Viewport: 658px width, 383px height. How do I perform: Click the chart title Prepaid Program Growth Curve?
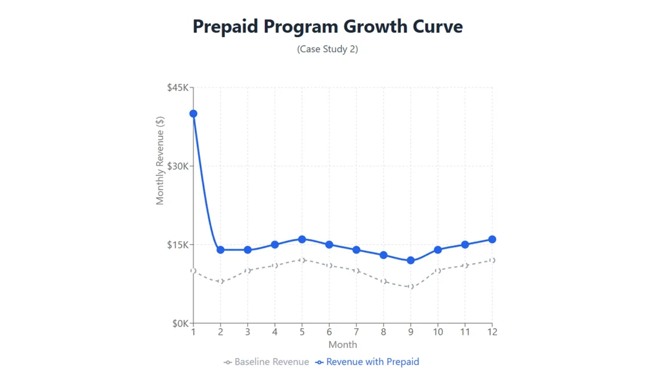(x=328, y=27)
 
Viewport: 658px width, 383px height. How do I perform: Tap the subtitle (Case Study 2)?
(x=328, y=49)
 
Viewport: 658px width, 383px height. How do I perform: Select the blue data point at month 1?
(x=193, y=114)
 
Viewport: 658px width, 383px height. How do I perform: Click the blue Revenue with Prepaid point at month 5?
(x=302, y=239)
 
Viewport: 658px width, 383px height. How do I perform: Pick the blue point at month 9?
(x=411, y=261)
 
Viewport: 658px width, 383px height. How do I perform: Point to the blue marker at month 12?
(x=492, y=239)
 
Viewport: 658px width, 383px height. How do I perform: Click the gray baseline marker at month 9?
(x=411, y=287)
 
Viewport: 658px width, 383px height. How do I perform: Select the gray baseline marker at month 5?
(x=302, y=261)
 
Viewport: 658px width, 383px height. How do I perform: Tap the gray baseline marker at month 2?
(x=221, y=281)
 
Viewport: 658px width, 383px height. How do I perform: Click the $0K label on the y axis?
(x=180, y=323)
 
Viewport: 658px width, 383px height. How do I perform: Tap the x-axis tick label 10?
(x=438, y=332)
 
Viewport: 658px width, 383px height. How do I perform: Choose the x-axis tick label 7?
(x=356, y=332)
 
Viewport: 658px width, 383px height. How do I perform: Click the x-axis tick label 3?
(x=247, y=332)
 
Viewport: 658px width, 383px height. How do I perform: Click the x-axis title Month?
(x=342, y=345)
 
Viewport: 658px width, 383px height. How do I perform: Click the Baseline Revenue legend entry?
(x=267, y=362)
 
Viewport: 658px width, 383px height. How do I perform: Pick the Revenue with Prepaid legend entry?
(x=367, y=362)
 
